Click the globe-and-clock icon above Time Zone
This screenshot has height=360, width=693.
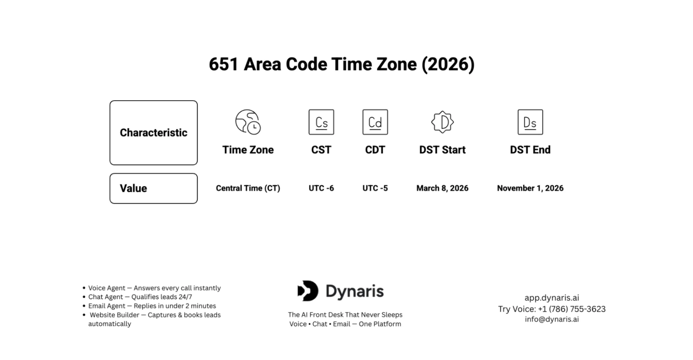tap(248, 122)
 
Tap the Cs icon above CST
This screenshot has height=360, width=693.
tap(321, 122)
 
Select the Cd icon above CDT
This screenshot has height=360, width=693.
tap(375, 122)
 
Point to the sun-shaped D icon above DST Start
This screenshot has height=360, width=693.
tap(442, 122)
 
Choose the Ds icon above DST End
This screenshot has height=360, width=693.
tap(530, 122)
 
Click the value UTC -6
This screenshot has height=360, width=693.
tap(321, 188)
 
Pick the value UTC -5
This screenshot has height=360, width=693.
tap(375, 188)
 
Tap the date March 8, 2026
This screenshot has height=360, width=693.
tap(442, 188)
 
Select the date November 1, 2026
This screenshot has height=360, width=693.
tap(530, 188)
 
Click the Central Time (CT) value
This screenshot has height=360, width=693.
tap(248, 188)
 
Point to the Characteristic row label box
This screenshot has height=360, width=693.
tap(154, 132)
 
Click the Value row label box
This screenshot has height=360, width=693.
tap(154, 188)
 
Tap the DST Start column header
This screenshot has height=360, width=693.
tap(442, 150)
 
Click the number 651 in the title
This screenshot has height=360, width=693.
tap(224, 65)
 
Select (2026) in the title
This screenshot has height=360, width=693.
tap(448, 65)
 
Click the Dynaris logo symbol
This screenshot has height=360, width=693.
tap(308, 291)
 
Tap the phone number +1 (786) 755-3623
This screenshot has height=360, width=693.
tap(571, 309)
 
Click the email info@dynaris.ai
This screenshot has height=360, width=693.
tap(552, 319)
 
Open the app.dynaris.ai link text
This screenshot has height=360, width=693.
tap(552, 298)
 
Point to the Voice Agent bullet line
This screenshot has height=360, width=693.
tap(154, 288)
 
